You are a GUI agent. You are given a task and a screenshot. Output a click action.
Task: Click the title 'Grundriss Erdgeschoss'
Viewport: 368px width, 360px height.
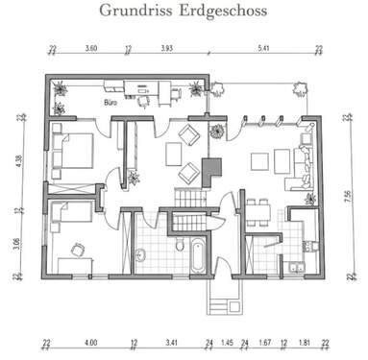point(184,11)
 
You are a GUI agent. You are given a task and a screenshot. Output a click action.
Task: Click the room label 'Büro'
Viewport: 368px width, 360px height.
point(110,99)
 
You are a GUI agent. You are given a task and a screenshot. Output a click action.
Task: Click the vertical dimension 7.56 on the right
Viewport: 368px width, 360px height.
point(347,198)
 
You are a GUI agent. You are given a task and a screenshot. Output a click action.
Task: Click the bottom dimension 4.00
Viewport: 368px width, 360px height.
point(90,341)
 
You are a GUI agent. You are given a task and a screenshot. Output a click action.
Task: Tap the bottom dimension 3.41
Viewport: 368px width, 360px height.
point(172,341)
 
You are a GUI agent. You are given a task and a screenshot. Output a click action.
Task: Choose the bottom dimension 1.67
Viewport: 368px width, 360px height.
point(265,341)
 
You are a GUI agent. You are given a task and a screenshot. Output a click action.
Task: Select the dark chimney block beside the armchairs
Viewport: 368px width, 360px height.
point(212,170)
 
